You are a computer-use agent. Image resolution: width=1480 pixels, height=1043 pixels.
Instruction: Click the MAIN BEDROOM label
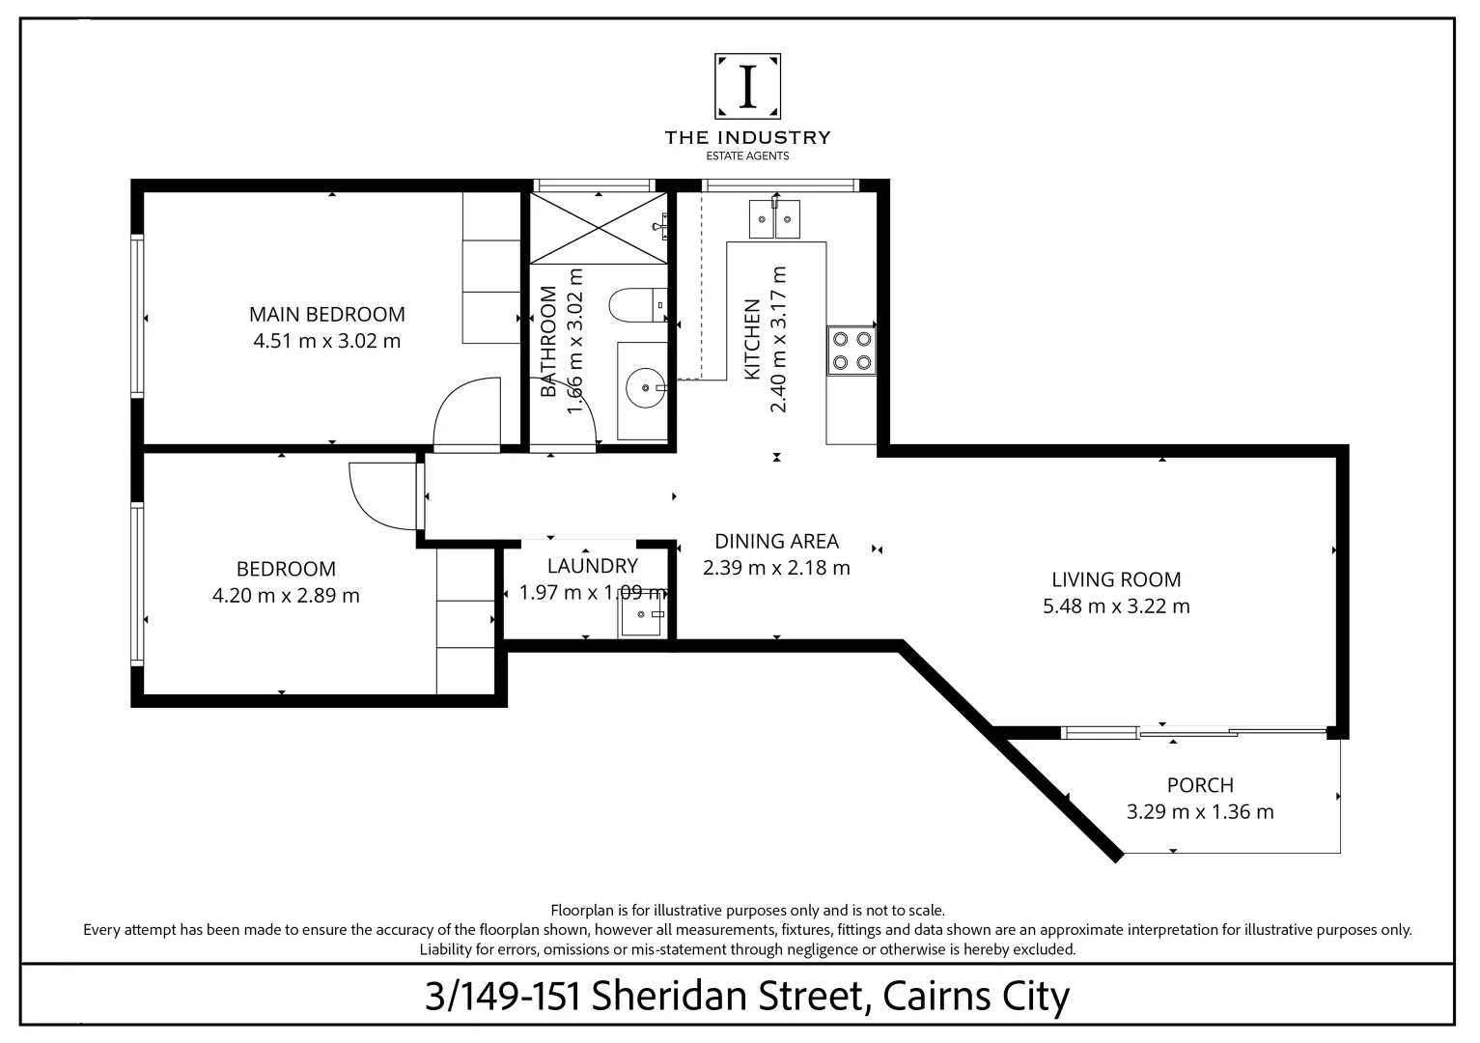326,314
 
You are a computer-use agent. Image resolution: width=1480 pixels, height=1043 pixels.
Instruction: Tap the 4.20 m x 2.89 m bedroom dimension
285,596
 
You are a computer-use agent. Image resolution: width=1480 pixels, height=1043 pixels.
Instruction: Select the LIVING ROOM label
1116,579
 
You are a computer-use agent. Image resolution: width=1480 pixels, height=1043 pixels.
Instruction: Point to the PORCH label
1200,785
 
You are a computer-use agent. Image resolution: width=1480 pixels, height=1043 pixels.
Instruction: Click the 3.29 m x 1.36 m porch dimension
1200,812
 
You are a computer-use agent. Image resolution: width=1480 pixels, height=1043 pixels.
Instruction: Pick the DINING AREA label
776,541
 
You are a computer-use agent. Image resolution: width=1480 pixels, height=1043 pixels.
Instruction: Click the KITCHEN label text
753,339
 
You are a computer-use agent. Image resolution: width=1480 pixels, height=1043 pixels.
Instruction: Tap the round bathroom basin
644,389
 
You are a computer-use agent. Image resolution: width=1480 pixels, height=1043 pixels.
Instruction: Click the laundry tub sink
641,615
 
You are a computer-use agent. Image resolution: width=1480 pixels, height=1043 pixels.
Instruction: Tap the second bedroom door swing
383,495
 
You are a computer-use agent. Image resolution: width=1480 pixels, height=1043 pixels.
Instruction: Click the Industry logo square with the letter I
747,86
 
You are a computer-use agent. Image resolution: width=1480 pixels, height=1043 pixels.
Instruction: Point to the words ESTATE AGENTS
747,155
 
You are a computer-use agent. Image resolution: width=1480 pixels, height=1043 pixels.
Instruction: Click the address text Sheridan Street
725,996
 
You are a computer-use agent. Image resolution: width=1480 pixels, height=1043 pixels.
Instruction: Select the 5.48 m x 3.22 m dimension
1116,606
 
